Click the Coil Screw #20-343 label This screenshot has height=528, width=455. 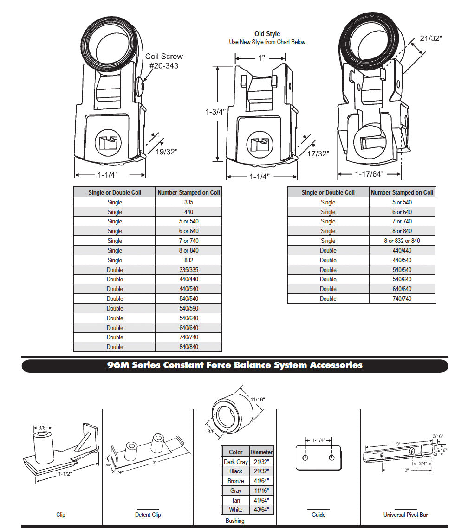[163, 61]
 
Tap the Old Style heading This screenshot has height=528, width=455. [267, 34]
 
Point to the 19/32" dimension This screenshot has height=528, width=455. [167, 151]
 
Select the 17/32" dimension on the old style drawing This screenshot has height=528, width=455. [318, 153]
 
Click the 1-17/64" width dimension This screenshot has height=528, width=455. [369, 174]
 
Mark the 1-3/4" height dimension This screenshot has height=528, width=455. [215, 112]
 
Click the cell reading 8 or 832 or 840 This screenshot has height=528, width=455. [402, 241]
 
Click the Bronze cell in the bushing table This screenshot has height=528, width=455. [235, 481]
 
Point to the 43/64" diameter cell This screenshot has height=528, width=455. [261, 509]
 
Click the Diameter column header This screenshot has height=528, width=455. [261, 452]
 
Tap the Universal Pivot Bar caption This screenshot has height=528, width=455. [405, 515]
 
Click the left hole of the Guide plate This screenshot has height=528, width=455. [305, 458]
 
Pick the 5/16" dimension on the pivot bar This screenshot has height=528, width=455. [444, 450]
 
